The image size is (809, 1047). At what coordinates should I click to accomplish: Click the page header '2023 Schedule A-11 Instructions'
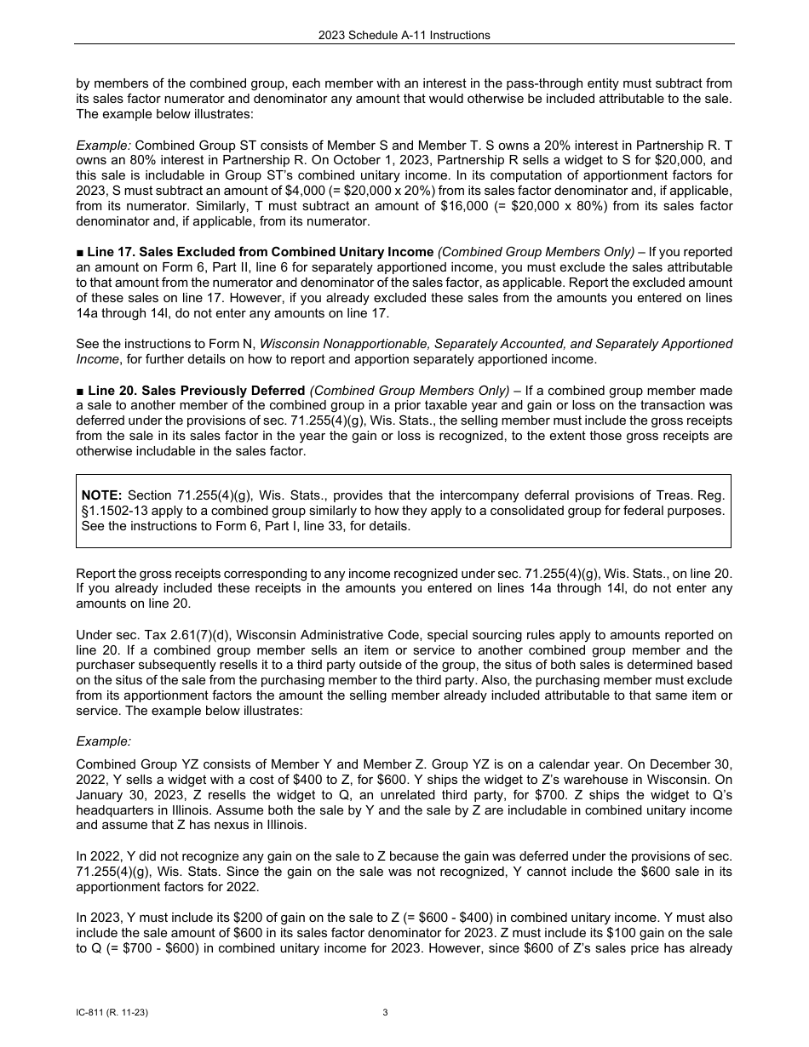(404, 35)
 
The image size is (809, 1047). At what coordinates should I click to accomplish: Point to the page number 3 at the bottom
(385, 1012)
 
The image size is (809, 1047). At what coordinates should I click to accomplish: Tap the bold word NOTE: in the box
(101, 495)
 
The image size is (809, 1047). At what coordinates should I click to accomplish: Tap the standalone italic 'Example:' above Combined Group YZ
(103, 741)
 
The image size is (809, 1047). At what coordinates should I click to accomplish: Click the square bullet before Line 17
(80, 252)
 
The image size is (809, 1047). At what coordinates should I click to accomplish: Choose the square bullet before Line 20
(80, 391)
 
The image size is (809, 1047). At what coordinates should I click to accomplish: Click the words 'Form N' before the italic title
(236, 344)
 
